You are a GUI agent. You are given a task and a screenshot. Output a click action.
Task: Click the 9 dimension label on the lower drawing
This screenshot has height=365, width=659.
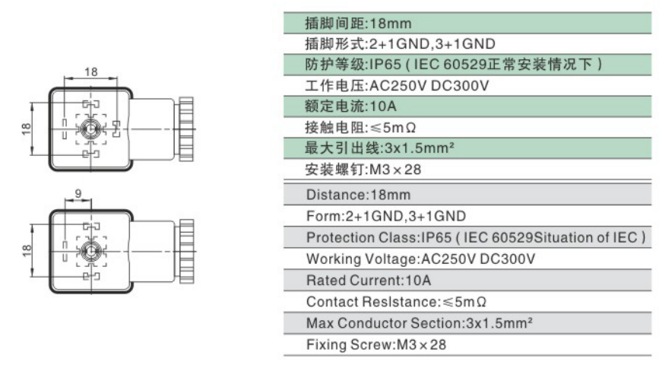pyautogui.click(x=78, y=193)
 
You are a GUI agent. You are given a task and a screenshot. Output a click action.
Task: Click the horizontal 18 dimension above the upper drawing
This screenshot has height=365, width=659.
pyautogui.click(x=90, y=72)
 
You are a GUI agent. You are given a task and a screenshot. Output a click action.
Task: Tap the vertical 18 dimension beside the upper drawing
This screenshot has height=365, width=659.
pyautogui.click(x=26, y=129)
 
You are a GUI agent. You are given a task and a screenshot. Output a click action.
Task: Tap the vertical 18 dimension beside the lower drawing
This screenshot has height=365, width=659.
pyautogui.click(x=26, y=251)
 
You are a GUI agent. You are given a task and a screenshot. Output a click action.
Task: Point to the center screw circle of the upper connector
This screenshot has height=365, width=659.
pyautogui.click(x=90, y=129)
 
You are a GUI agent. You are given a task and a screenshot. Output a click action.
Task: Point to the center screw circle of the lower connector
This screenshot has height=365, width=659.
pyautogui.click(x=90, y=251)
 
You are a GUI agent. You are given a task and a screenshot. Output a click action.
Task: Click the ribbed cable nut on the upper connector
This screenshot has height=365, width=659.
pyautogui.click(x=186, y=129)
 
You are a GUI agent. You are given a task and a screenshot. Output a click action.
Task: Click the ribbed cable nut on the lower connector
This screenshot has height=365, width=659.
pyautogui.click(x=186, y=251)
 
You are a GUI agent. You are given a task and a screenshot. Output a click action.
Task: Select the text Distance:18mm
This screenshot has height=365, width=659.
pyautogui.click(x=359, y=195)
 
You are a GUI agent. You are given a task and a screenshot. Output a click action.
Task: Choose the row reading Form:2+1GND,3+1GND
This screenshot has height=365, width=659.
pyautogui.click(x=386, y=216)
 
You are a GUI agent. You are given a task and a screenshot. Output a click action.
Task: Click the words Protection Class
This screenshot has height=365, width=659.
pyautogui.click(x=362, y=237)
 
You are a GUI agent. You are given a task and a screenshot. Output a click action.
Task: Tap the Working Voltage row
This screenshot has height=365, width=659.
pyautogui.click(x=420, y=259)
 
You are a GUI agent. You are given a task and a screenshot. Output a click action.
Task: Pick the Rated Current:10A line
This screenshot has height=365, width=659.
pyautogui.click(x=369, y=281)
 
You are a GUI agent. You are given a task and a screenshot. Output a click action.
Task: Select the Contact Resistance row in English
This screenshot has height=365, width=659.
pyautogui.click(x=396, y=301)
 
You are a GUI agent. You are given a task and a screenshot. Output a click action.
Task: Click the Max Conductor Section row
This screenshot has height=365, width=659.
pyautogui.click(x=420, y=323)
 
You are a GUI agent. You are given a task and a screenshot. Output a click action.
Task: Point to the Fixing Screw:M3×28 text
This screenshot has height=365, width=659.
pyautogui.click(x=376, y=344)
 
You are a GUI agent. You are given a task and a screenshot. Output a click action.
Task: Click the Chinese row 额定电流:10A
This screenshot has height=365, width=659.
pyautogui.click(x=350, y=106)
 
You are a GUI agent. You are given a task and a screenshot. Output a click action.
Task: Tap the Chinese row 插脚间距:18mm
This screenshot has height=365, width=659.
pyautogui.click(x=358, y=23)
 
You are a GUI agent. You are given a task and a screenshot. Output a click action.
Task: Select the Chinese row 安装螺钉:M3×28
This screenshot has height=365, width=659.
pyautogui.click(x=363, y=170)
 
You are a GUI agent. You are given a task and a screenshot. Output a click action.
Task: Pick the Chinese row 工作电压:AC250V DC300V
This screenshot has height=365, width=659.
pyautogui.click(x=397, y=86)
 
